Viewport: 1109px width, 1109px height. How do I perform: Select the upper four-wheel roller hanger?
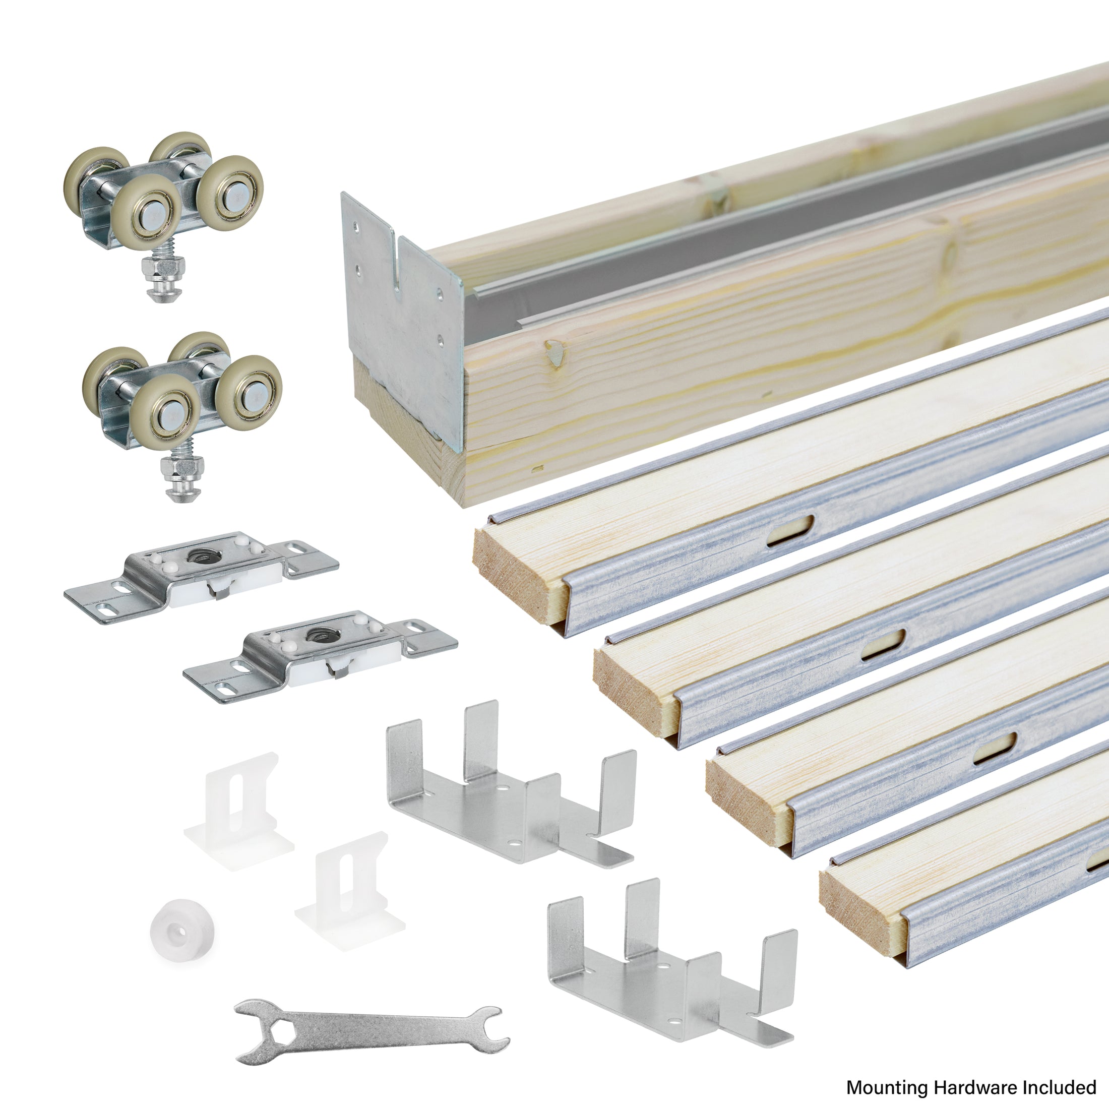tap(166, 195)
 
